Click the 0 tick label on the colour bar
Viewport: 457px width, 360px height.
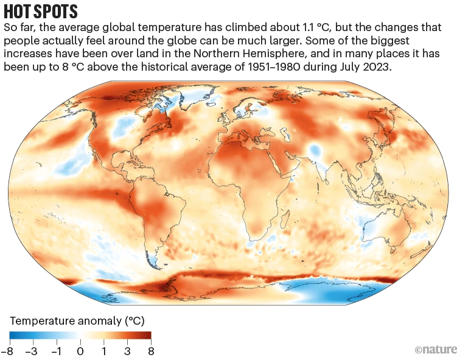(80, 351)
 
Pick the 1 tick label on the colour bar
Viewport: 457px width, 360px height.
(103, 351)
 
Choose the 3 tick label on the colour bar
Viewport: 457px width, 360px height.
(127, 351)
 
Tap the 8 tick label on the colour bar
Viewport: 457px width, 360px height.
(150, 351)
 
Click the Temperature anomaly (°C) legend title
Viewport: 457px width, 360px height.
(77, 320)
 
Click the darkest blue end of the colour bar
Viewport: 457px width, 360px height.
(12, 335)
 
